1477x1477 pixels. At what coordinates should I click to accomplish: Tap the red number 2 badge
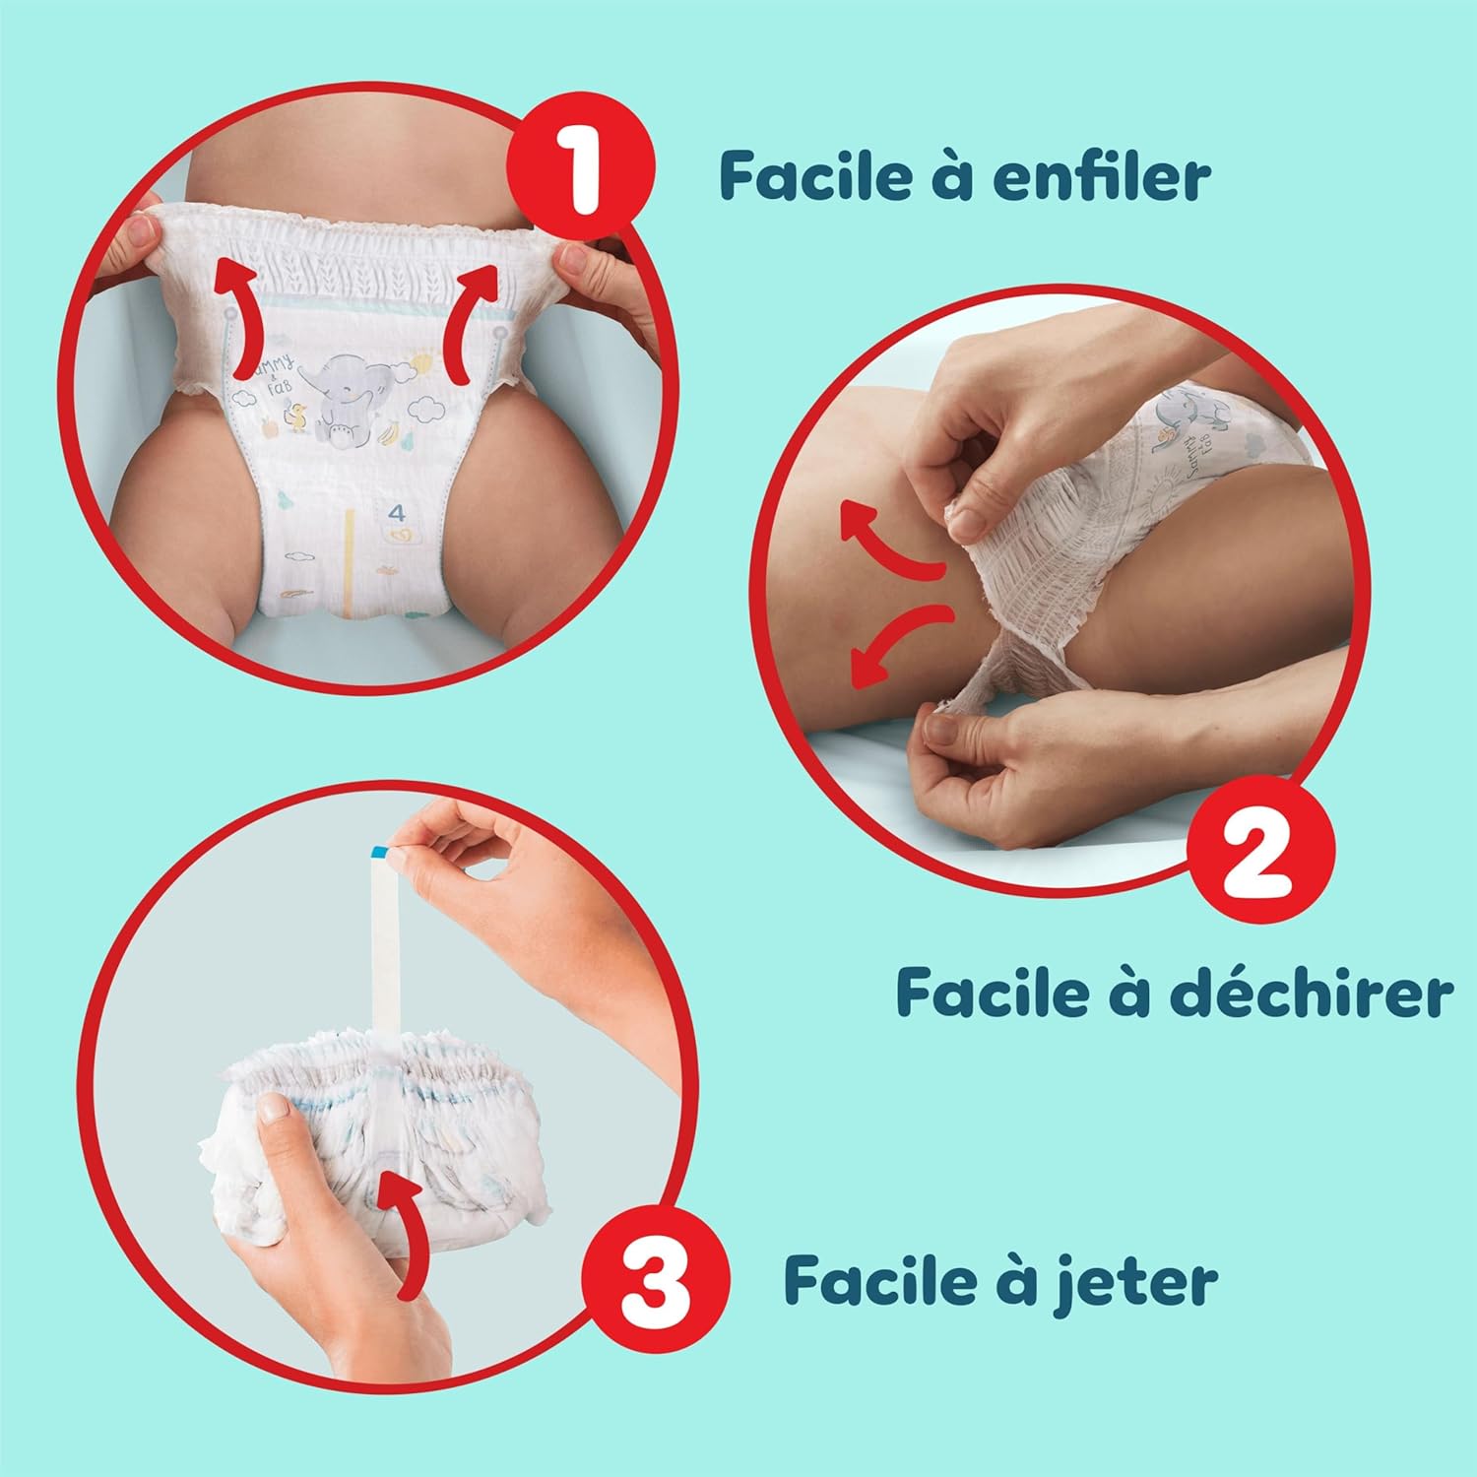click(1261, 848)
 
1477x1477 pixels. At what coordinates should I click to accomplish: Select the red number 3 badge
click(655, 1280)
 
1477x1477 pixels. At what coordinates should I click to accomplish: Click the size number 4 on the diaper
click(397, 513)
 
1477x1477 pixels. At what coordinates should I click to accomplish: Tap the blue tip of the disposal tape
click(378, 850)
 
